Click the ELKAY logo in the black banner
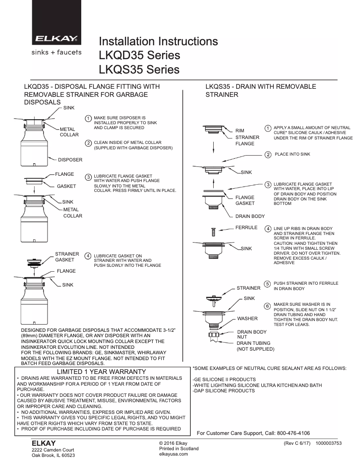pyautogui.click(x=56, y=39)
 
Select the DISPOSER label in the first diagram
pyautogui.click(x=70, y=159)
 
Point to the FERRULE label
pyautogui.click(x=246, y=227)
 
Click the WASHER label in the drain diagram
pyautogui.click(x=247, y=318)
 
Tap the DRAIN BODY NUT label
pyautogui.click(x=251, y=335)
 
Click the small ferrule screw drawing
pyautogui.click(x=213, y=232)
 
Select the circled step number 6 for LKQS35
pyautogui.click(x=267, y=306)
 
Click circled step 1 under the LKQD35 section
pyautogui.click(x=88, y=118)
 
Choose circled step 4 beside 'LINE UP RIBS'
pyautogui.click(x=268, y=229)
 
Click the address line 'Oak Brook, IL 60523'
pyautogui.click(x=53, y=455)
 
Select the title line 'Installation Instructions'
pyautogui.click(x=158, y=42)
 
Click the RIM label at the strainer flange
pyautogui.click(x=240, y=130)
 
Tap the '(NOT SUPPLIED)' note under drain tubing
pyautogui.click(x=255, y=348)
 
